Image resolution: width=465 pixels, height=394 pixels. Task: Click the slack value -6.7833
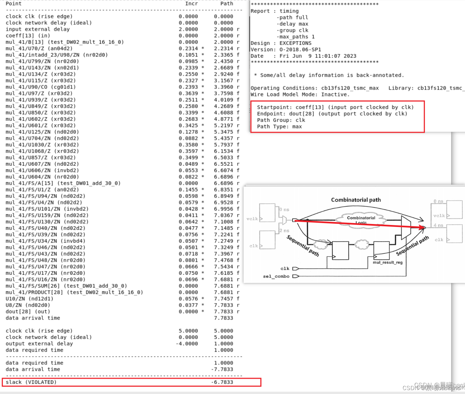pos(222,382)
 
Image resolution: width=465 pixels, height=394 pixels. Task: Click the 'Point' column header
pos(14,4)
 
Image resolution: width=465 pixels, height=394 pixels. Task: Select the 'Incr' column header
pos(191,4)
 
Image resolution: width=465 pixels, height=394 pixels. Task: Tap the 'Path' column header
pos(227,4)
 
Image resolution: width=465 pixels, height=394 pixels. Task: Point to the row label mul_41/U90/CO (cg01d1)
pos(41,87)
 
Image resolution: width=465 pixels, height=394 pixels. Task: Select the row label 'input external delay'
pos(38,29)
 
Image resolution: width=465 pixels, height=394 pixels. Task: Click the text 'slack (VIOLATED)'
pos(31,382)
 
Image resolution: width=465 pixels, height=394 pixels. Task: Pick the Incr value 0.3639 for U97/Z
pos(188,93)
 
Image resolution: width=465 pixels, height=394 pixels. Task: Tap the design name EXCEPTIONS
pos(295,43)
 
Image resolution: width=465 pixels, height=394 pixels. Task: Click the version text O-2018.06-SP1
pos(300,49)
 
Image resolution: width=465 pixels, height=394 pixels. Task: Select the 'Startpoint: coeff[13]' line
pos(335,107)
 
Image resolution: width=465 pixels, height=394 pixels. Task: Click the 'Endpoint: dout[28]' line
pos(332,114)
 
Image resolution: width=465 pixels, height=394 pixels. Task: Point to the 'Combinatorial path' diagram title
pos(356,200)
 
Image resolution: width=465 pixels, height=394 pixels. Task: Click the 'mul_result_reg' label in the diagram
pos(388,262)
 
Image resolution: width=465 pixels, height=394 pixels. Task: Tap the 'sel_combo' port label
pos(276,276)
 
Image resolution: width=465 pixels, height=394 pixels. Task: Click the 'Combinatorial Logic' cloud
pos(361,219)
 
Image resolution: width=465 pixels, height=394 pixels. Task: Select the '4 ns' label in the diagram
pos(438,225)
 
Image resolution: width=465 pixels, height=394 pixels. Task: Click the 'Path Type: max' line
pos(279,127)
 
